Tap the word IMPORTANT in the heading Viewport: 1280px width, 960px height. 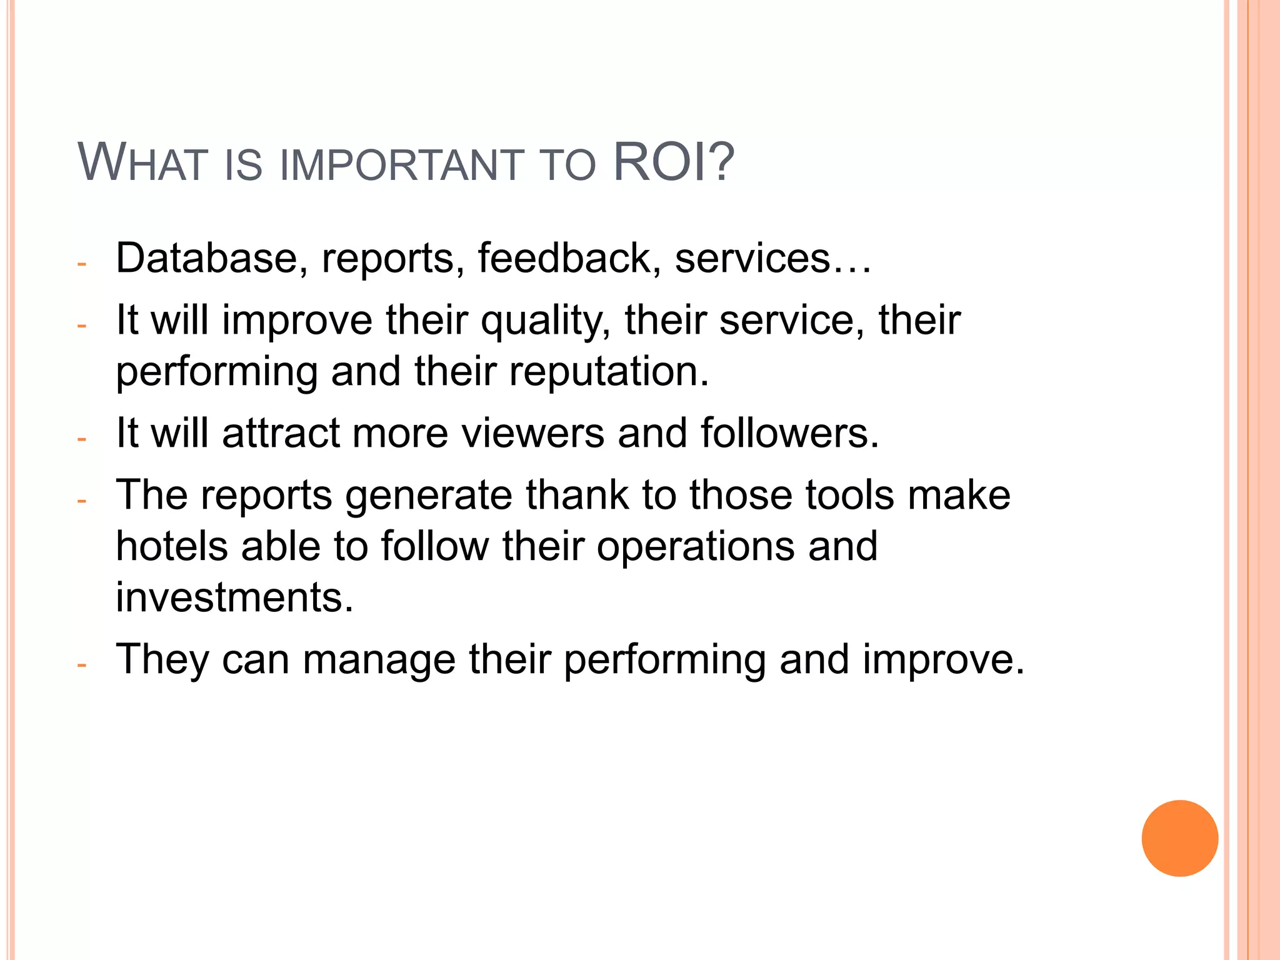[x=401, y=166]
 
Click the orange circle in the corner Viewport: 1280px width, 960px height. [x=1179, y=838]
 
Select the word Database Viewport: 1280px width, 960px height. [x=207, y=258]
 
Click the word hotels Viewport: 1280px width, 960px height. [x=172, y=546]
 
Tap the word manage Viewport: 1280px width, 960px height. [x=379, y=661]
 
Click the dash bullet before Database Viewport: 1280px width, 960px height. [x=81, y=264]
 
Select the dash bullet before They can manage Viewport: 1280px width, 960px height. [x=81, y=665]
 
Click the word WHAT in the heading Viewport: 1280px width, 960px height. [x=142, y=164]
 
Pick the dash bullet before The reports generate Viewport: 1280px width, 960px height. [x=81, y=501]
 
